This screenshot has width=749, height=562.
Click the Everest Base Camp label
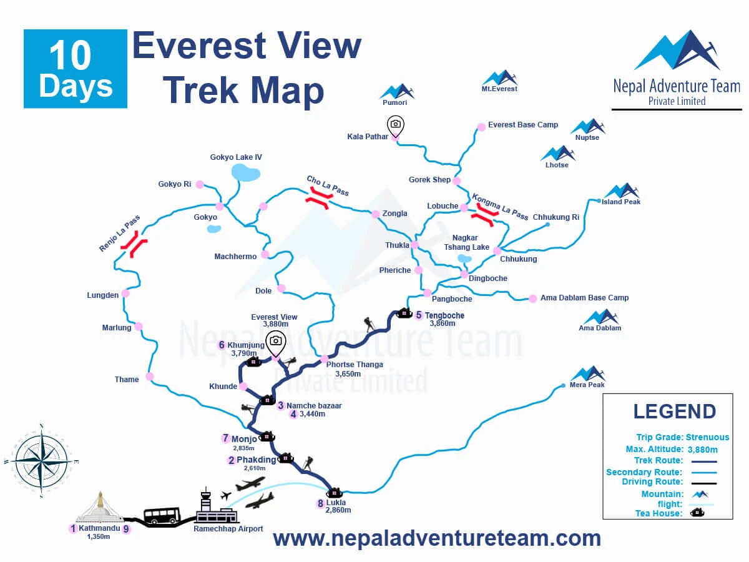tap(523, 125)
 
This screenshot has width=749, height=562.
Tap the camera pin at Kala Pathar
tap(395, 126)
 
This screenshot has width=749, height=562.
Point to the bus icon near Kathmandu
tap(162, 515)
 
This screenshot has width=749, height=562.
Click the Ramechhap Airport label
tap(228, 529)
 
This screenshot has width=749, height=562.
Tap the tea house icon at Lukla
tap(334, 492)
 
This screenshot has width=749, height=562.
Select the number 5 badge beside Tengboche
tap(419, 315)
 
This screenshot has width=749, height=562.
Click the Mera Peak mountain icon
tap(587, 373)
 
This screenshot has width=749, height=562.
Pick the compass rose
tap(41, 460)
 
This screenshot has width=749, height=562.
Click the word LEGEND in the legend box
tap(674, 412)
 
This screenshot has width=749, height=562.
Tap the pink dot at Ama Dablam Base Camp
tap(532, 298)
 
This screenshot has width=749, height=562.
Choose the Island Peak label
tap(621, 202)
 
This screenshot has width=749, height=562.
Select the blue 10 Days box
tap(76, 69)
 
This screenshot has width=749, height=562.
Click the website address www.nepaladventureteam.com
tap(437, 538)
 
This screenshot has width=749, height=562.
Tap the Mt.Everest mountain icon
tap(500, 77)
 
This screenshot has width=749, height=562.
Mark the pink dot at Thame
tap(150, 376)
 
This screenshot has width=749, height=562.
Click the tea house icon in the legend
tap(697, 513)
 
